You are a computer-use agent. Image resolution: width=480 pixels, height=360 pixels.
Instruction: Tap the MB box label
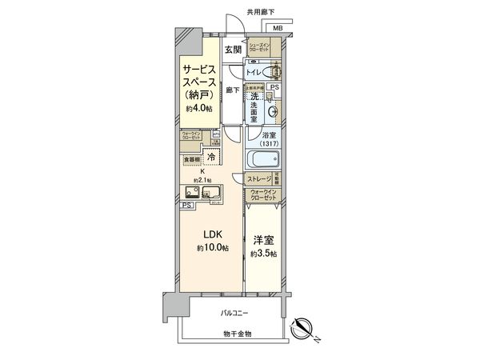[x=278, y=30]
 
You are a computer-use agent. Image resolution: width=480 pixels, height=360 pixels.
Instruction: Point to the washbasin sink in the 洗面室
[x=275, y=112]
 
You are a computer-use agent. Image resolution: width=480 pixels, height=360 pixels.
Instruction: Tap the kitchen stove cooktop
[x=216, y=193]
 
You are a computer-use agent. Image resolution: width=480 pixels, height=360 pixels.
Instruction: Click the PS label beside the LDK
[x=186, y=207]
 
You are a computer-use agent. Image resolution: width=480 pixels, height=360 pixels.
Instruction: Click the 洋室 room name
[x=262, y=240]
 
